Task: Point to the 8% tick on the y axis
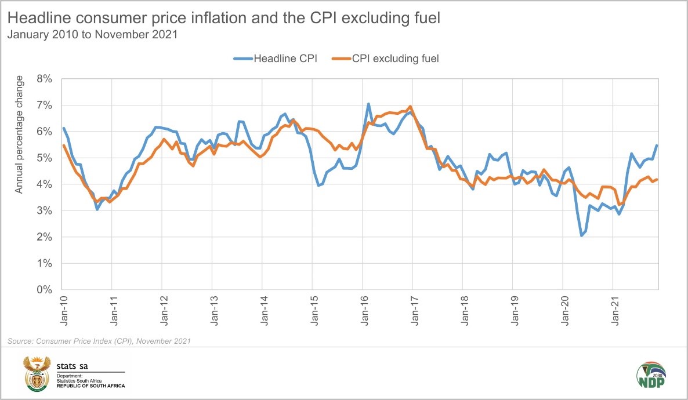click(x=46, y=79)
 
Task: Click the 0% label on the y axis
click(x=46, y=290)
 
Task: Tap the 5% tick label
click(x=46, y=158)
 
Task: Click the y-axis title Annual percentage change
click(x=19, y=134)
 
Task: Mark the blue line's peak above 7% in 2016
click(x=368, y=104)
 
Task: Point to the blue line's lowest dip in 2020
click(x=581, y=235)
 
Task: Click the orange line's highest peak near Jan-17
click(x=411, y=107)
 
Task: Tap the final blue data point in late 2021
click(x=657, y=146)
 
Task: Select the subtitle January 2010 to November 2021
click(x=92, y=34)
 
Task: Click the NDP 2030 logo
click(x=651, y=376)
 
